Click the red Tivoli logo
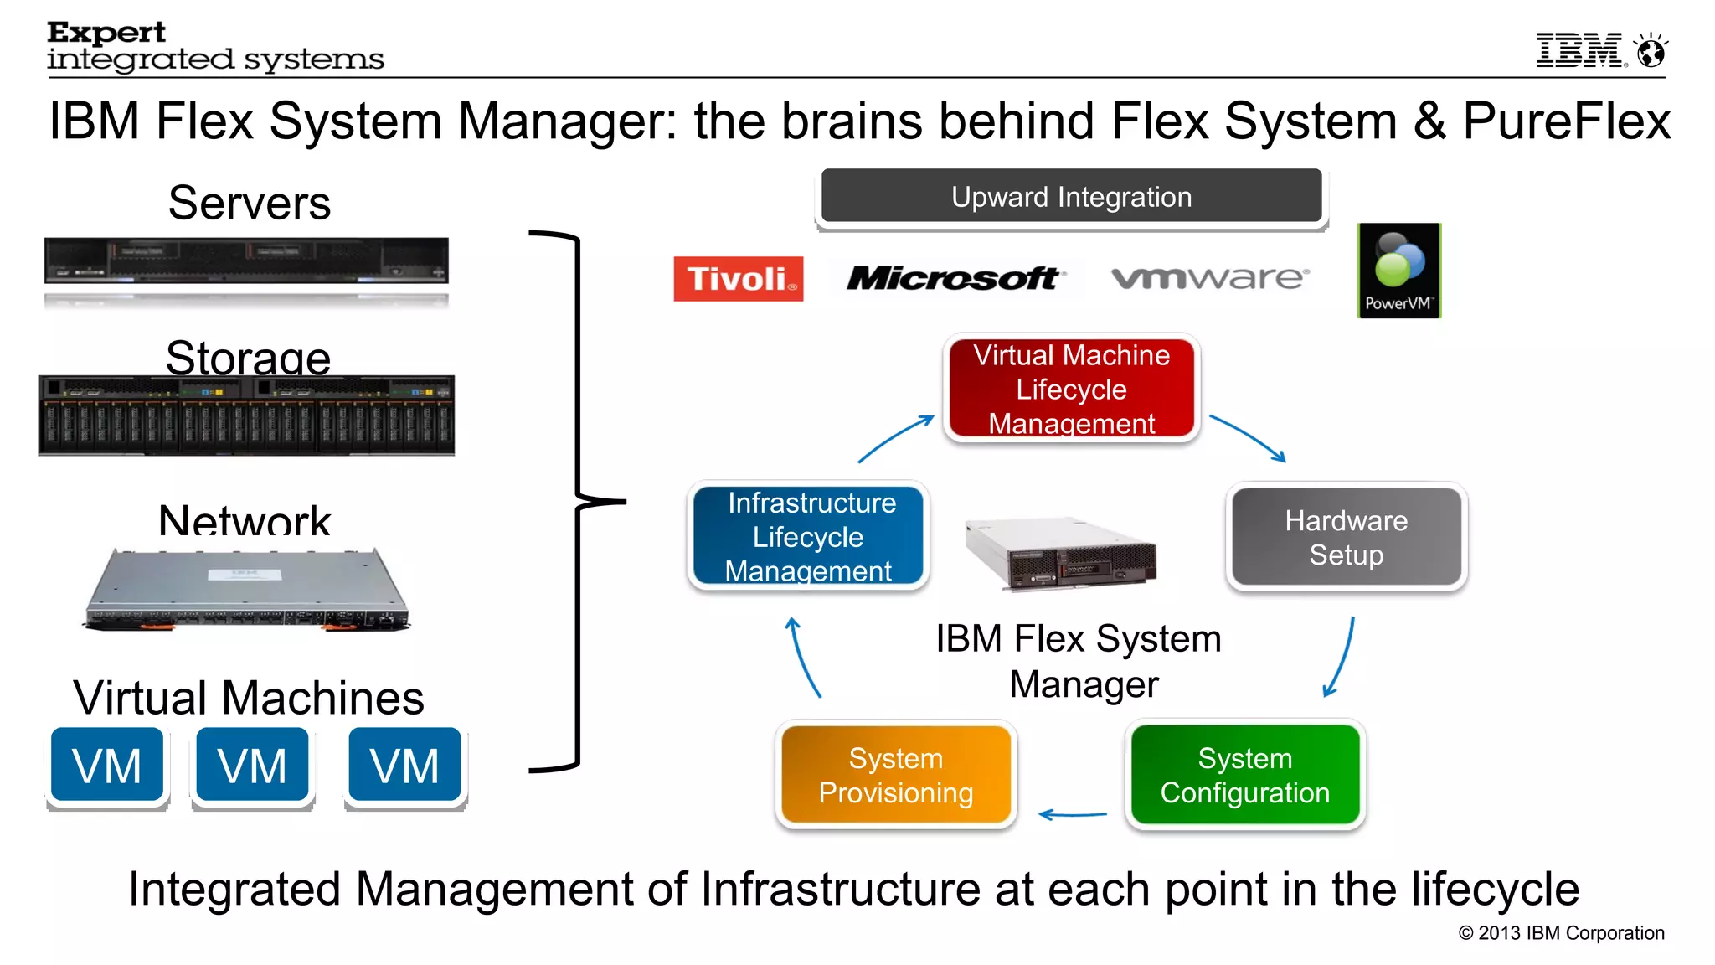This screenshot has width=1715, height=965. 738,279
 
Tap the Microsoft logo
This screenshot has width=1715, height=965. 954,278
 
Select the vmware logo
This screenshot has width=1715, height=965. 1209,277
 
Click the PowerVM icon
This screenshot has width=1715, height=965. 1398,271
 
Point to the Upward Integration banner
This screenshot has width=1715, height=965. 1071,197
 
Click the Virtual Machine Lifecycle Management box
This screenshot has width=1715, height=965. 1071,389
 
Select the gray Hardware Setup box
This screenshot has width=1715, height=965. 1346,537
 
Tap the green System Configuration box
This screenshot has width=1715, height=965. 1244,775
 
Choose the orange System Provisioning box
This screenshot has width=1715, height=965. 896,775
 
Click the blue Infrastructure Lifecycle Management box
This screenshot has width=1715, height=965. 808,536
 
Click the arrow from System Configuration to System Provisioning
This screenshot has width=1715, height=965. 1072,814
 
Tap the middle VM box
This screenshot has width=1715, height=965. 252,766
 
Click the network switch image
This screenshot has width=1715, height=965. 247,590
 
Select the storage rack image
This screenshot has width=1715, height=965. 246,415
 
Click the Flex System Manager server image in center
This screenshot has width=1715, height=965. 1062,554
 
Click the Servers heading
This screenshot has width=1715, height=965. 249,203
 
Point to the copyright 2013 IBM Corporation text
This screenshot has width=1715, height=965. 1561,933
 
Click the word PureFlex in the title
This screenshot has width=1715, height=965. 1566,121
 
